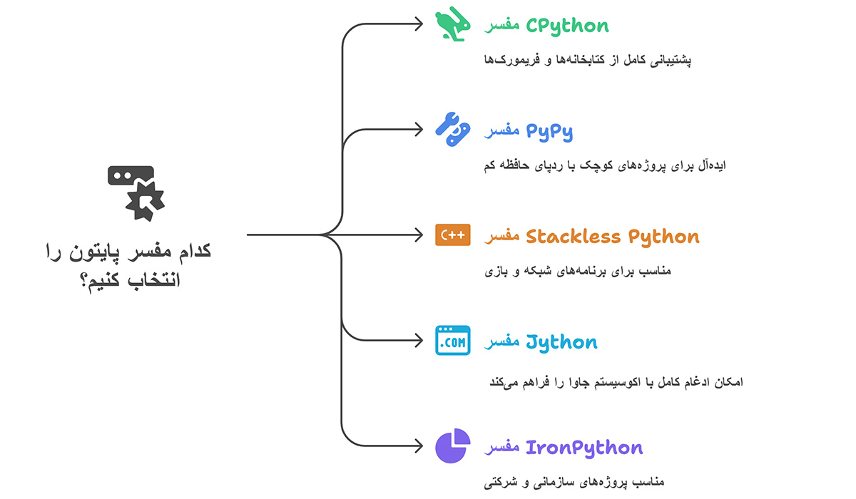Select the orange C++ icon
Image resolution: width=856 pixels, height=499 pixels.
[x=453, y=235]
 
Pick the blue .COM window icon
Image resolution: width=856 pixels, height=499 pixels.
[x=453, y=341]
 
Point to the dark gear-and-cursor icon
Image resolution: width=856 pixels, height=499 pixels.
[x=136, y=191]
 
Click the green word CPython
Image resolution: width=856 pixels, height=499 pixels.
[x=567, y=26]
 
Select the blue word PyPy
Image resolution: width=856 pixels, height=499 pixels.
[x=549, y=131]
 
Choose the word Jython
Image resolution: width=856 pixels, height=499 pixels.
[x=561, y=342]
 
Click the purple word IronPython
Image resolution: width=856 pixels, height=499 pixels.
[x=584, y=448]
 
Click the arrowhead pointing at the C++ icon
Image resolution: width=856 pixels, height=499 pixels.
[x=419, y=235]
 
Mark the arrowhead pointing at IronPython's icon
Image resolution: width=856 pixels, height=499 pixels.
[x=419, y=446]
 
